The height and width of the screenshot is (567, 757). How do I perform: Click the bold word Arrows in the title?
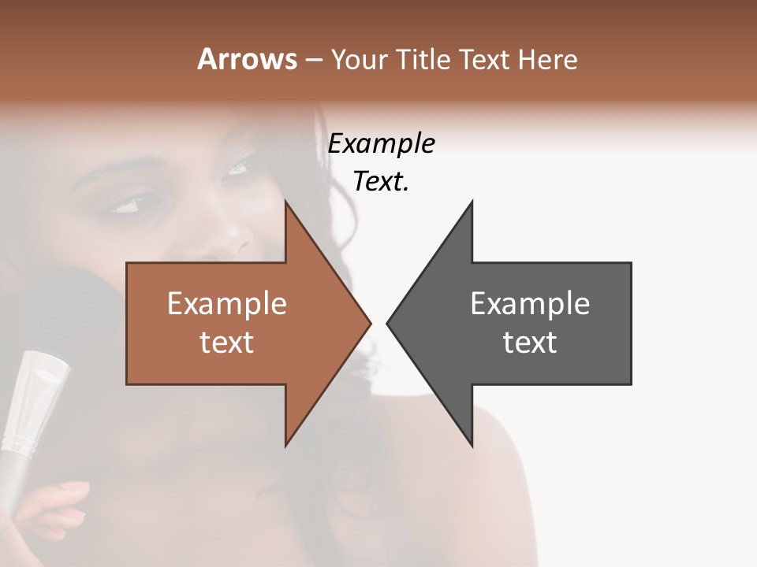coord(246,59)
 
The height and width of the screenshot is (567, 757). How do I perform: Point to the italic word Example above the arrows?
coord(381,144)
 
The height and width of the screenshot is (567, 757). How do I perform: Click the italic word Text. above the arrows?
coord(381,182)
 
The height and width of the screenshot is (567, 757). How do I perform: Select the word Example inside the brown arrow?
coord(226,304)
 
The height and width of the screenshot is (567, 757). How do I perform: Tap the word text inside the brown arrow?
coord(226,343)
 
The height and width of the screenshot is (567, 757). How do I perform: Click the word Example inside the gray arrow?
coord(530,304)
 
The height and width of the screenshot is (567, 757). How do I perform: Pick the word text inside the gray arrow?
coord(530,343)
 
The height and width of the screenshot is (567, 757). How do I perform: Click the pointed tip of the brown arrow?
coord(368,323)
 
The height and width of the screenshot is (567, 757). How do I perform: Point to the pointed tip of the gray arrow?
coord(390,323)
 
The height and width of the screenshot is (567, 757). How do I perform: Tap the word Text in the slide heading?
coord(486,59)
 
